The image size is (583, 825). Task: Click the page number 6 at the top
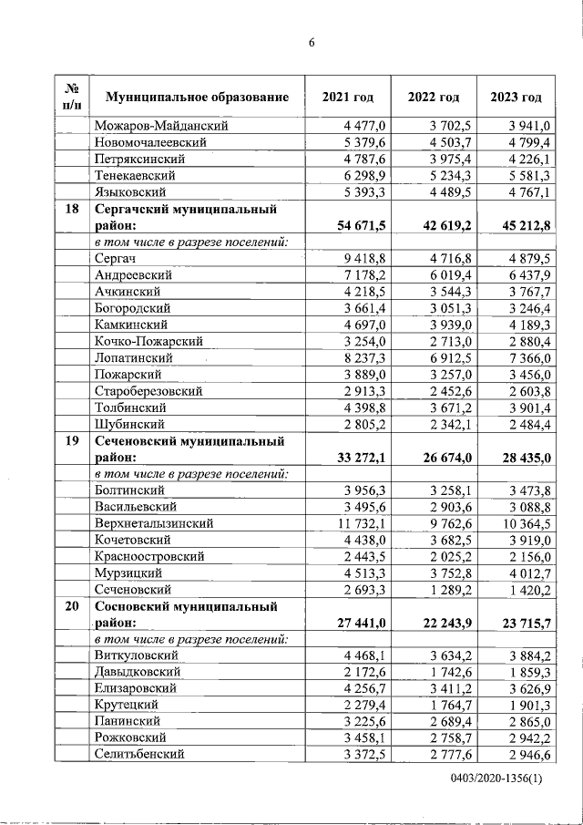pyautogui.click(x=311, y=43)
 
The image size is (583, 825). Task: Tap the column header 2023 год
pyautogui.click(x=516, y=98)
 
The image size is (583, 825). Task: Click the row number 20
pyautogui.click(x=71, y=606)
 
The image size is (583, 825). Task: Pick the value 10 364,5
pyautogui.click(x=522, y=523)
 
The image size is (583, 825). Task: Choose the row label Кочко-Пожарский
pyautogui.click(x=148, y=341)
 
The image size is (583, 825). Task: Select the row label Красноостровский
pyautogui.click(x=149, y=556)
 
